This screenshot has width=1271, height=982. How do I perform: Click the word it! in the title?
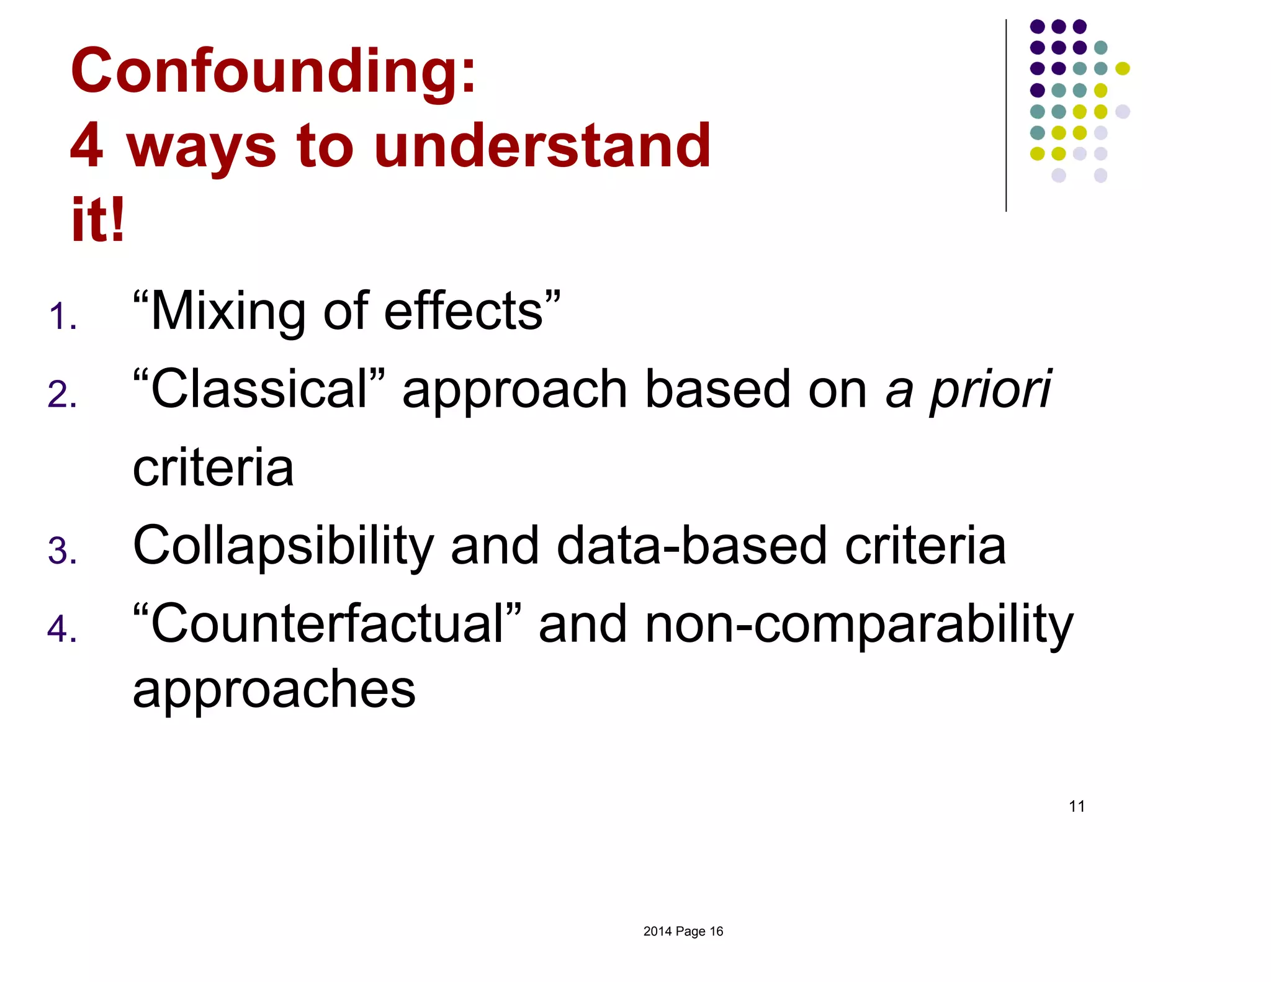pyautogui.click(x=98, y=220)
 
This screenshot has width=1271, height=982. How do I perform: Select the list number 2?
pyautogui.click(x=62, y=395)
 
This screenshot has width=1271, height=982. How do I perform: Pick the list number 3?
pyautogui.click(x=62, y=551)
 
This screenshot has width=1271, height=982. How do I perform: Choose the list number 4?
pyautogui.click(x=62, y=629)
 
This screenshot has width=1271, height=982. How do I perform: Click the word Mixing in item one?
pyautogui.click(x=227, y=312)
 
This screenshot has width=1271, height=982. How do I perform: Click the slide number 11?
pyautogui.click(x=1077, y=806)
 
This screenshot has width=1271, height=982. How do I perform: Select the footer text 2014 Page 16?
pyautogui.click(x=683, y=931)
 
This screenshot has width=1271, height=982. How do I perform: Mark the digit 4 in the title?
pyautogui.click(x=87, y=146)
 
